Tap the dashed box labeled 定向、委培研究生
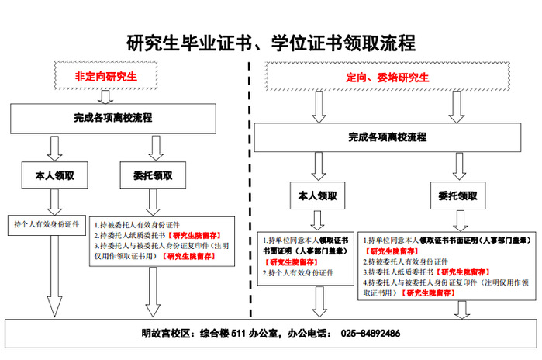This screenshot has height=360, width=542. click(387, 77)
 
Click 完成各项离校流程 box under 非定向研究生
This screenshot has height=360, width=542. click(107, 118)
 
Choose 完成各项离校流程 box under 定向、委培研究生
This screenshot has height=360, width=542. click(387, 137)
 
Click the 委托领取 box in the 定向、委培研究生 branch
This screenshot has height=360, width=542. click(457, 196)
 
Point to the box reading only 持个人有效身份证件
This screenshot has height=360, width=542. click(47, 224)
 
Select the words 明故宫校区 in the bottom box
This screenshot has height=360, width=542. click(166, 334)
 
